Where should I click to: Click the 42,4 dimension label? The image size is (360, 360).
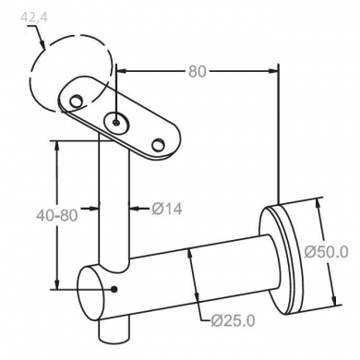tap(34, 18)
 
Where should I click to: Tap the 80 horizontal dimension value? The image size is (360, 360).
tap(197, 71)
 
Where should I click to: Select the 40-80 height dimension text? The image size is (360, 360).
tap(57, 215)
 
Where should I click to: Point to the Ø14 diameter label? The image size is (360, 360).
tap(167, 209)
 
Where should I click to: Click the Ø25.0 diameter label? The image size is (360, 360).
tap(233, 321)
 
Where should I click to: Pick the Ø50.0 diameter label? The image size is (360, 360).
tap(327, 252)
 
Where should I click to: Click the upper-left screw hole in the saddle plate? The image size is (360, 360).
tap(76, 101)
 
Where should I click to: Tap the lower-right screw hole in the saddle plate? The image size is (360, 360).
tap(158, 145)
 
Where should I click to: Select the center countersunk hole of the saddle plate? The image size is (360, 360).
tap(116, 123)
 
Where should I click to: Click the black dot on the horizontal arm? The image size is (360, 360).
tap(114, 289)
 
